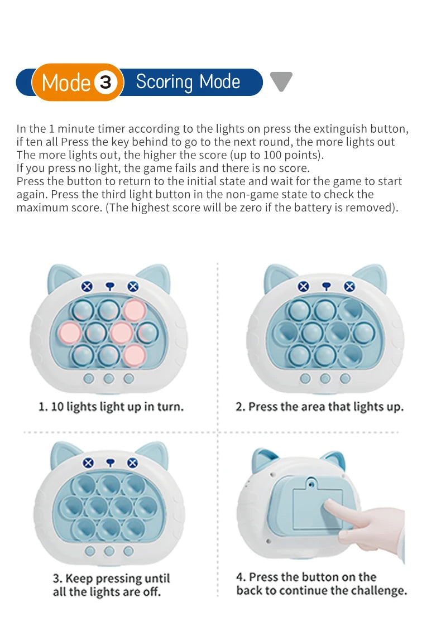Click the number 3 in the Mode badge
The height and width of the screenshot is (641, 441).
point(106,83)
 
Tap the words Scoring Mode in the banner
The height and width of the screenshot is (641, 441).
point(188,82)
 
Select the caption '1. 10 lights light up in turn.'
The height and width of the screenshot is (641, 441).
point(111,407)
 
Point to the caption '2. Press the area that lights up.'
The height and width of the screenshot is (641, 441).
point(319,407)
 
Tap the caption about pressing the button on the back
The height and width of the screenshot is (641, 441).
point(321,584)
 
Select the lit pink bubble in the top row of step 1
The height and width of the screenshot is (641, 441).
point(134,310)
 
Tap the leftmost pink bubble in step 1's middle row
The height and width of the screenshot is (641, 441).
point(70,332)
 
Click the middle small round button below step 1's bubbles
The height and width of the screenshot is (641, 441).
point(109,379)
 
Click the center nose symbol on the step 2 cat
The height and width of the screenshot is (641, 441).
point(327,286)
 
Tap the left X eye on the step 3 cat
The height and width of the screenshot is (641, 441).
point(88,462)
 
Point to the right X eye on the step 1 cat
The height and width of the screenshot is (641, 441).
point(133,287)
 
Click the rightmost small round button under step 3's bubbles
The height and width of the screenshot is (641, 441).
point(129,551)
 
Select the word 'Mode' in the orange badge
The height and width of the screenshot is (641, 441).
point(66,83)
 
